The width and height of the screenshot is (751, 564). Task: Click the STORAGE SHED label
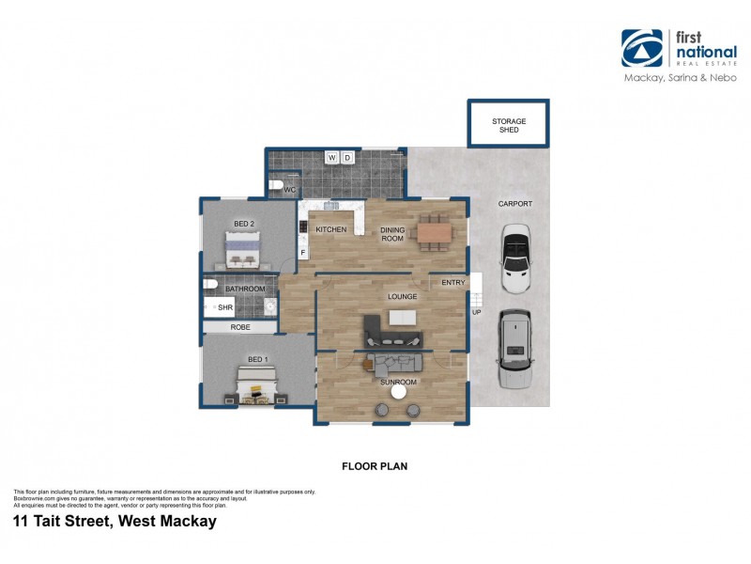click(x=509, y=126)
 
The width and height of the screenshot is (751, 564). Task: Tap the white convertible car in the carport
click(x=516, y=258)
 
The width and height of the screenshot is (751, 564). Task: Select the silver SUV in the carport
click(x=514, y=348)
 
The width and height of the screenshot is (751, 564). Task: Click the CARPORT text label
click(x=514, y=203)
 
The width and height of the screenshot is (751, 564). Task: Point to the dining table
click(x=435, y=230)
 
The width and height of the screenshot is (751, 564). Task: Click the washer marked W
click(x=331, y=157)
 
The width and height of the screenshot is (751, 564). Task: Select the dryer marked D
click(x=347, y=157)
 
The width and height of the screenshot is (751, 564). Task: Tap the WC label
click(x=289, y=190)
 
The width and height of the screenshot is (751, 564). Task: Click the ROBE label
click(x=240, y=327)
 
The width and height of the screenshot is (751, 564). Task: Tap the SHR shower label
click(x=224, y=306)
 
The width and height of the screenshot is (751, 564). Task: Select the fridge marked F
click(x=303, y=252)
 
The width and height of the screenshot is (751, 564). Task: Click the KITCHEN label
click(x=330, y=229)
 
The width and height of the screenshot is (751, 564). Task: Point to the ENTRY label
click(x=453, y=282)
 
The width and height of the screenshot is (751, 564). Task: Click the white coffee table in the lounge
click(x=403, y=318)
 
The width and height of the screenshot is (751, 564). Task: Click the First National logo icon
click(x=641, y=48)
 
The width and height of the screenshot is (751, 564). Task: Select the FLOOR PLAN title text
click(x=375, y=465)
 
